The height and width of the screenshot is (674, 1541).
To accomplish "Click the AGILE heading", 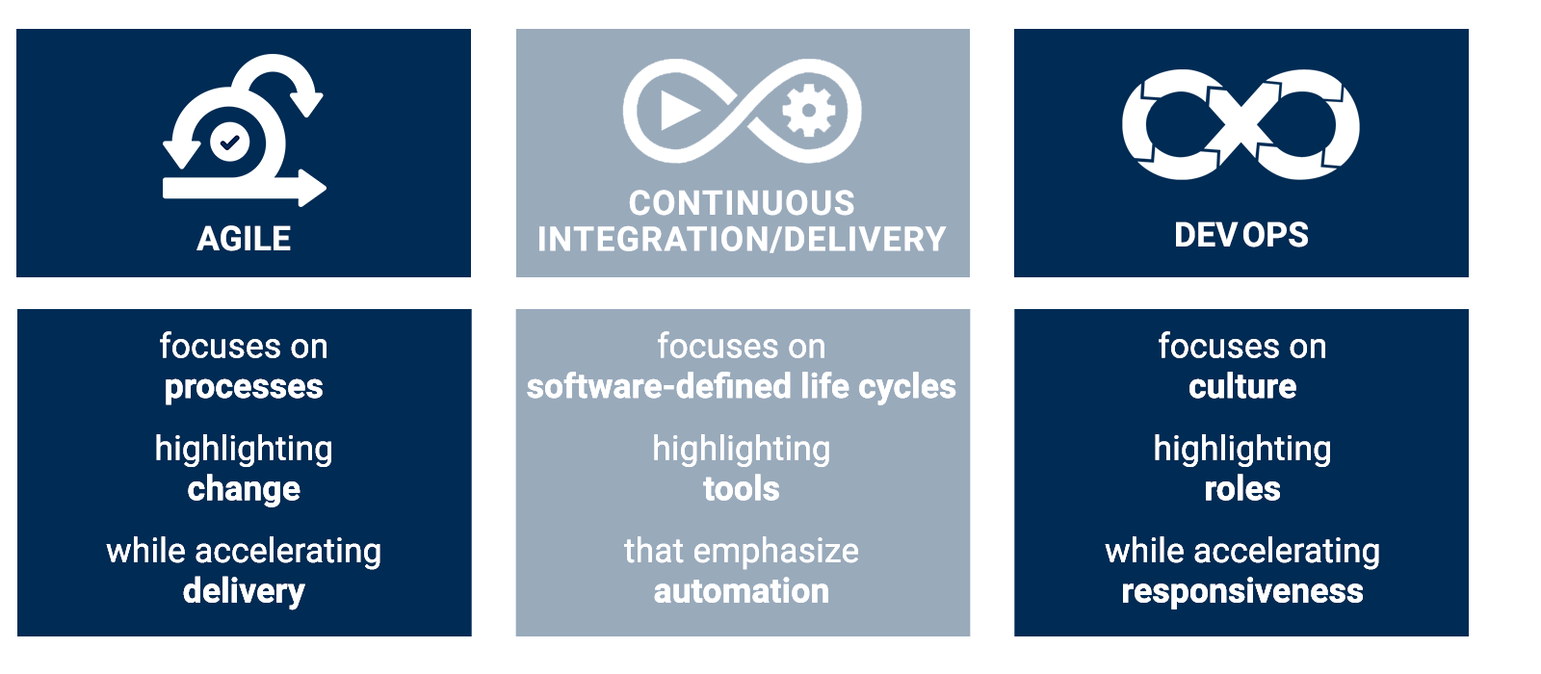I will click(244, 239).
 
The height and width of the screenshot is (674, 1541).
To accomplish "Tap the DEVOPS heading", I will click(1241, 235).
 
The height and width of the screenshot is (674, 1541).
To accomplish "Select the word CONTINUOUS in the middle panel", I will click(742, 203).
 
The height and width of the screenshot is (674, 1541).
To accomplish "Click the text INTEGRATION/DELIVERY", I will click(742, 239).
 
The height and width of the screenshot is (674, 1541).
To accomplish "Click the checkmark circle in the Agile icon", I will click(229, 143).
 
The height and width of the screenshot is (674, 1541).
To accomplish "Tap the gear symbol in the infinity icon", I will click(808, 110).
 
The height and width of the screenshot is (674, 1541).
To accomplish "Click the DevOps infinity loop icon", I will click(1241, 124).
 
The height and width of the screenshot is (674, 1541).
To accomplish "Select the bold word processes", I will click(244, 387).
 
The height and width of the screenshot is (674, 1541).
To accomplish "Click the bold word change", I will click(244, 489).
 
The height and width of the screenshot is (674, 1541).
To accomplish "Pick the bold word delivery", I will click(244, 591).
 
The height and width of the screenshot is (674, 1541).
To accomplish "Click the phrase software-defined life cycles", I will click(742, 387).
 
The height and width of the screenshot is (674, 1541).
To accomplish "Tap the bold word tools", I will click(742, 489).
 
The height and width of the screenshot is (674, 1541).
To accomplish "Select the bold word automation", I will click(742, 591).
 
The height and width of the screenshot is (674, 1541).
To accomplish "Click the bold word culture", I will click(1242, 387).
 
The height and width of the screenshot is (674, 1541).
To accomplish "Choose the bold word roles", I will click(1242, 489).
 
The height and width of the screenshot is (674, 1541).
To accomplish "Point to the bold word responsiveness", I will click(1242, 591).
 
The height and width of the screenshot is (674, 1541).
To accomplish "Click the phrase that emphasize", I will click(742, 551).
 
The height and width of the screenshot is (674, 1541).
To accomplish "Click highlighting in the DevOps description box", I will click(1242, 449).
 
